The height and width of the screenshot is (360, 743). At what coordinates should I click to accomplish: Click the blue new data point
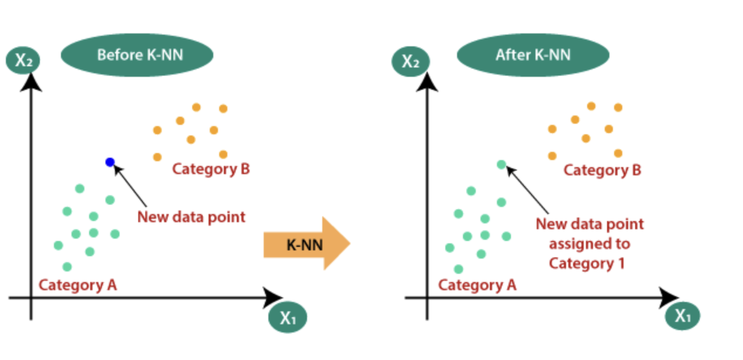click(x=110, y=162)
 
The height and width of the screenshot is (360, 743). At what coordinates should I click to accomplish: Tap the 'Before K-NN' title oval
click(x=137, y=55)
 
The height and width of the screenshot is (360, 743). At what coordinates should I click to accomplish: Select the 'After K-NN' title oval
click(x=533, y=55)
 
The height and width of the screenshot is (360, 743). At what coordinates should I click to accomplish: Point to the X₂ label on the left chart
click(x=23, y=60)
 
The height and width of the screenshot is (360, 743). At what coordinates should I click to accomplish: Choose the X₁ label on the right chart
click(x=683, y=316)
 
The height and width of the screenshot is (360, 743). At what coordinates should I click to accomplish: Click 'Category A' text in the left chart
click(x=78, y=286)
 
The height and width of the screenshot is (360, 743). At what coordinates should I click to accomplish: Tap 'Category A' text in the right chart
click(x=477, y=286)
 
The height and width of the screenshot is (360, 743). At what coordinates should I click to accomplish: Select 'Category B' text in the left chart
click(x=211, y=169)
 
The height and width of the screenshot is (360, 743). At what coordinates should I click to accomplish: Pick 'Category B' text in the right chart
click(x=602, y=171)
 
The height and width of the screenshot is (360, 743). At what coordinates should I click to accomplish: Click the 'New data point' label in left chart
click(x=191, y=217)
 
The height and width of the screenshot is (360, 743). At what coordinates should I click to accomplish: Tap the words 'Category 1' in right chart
click(x=587, y=263)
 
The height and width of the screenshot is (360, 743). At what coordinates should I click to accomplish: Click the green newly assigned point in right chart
click(x=501, y=165)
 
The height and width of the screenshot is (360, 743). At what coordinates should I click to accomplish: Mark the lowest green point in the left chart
click(x=67, y=267)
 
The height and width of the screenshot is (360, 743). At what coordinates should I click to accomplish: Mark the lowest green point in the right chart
click(x=459, y=269)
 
